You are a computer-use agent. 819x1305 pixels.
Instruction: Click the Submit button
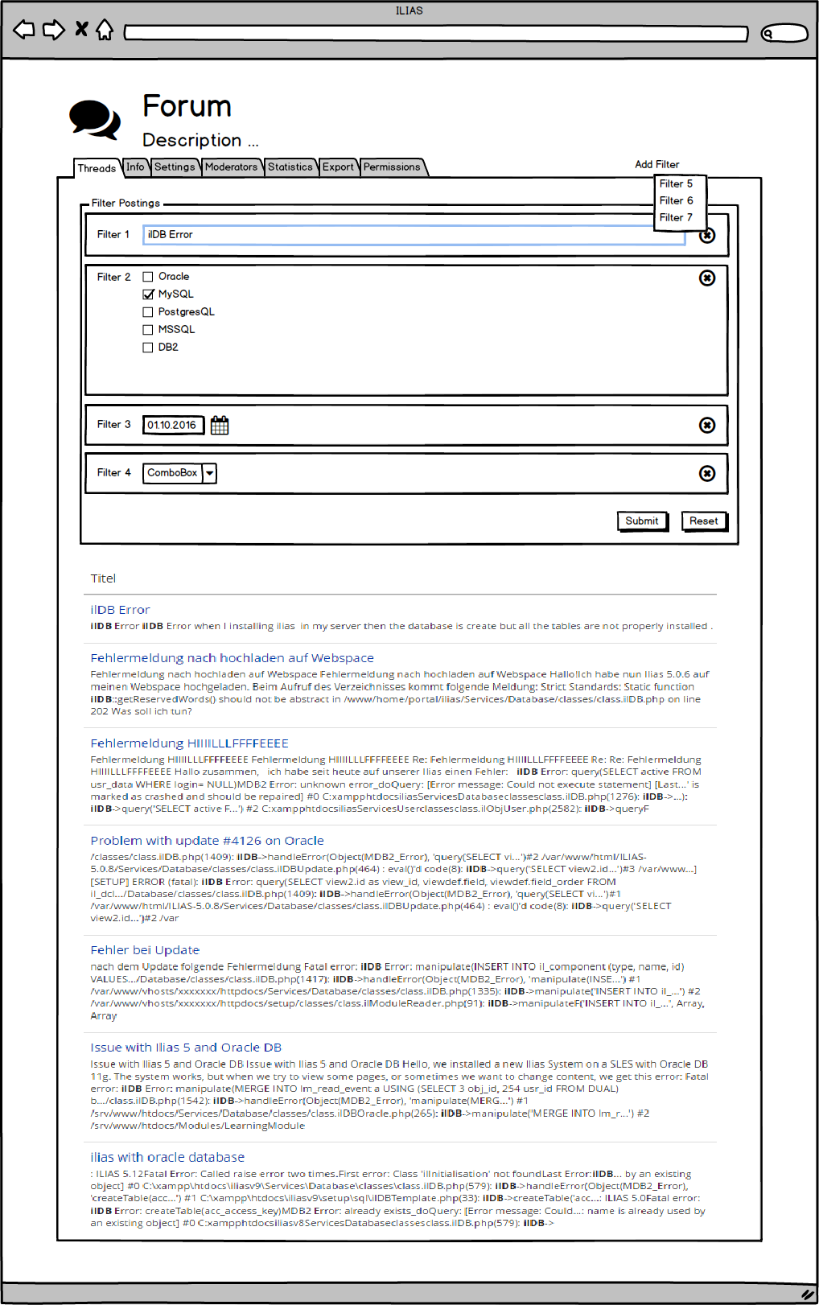click(x=642, y=521)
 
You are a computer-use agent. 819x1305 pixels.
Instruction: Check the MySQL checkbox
click(x=148, y=294)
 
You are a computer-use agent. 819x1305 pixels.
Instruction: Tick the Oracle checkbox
click(x=148, y=277)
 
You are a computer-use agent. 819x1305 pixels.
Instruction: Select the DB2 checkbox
click(x=148, y=348)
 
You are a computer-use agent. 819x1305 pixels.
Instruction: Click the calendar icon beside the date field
click(x=220, y=426)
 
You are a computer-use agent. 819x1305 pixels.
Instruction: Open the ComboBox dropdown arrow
click(x=209, y=473)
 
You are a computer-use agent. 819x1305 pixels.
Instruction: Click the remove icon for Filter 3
click(x=707, y=425)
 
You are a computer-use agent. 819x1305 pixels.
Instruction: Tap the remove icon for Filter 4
click(x=707, y=473)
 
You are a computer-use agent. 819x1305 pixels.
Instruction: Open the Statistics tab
click(x=290, y=167)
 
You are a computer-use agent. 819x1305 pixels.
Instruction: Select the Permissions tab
click(x=392, y=167)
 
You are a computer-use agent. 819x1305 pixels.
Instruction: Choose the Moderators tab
click(x=231, y=167)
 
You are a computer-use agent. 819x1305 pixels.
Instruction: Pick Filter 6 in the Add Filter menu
click(x=676, y=201)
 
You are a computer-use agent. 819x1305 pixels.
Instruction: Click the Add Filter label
click(x=656, y=164)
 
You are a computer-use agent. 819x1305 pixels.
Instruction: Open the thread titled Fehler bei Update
click(x=145, y=950)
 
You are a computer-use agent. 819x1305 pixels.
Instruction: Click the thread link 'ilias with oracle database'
click(x=167, y=1157)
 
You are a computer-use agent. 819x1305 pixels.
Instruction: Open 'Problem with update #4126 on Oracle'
click(x=207, y=841)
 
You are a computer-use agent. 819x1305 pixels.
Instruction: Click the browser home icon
click(x=105, y=30)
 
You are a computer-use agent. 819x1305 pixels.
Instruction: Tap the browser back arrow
click(x=24, y=30)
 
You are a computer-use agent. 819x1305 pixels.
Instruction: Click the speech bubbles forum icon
click(x=95, y=120)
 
